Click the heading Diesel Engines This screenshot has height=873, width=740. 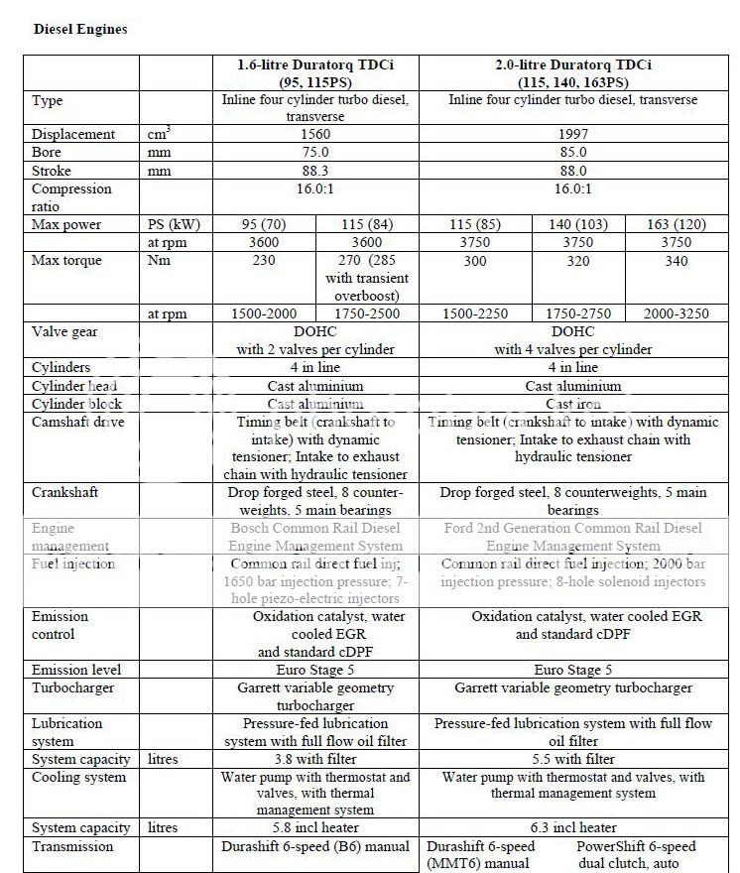tap(80, 29)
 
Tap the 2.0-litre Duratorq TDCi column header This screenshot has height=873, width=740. tap(572, 74)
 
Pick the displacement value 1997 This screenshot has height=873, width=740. tap(572, 135)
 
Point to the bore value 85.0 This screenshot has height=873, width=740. tap(572, 153)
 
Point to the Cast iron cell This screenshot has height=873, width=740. tap(572, 405)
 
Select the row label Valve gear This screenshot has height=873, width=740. tap(64, 332)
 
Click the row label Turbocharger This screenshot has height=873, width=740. tap(72, 687)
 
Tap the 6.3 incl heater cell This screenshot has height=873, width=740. tap(572, 828)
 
